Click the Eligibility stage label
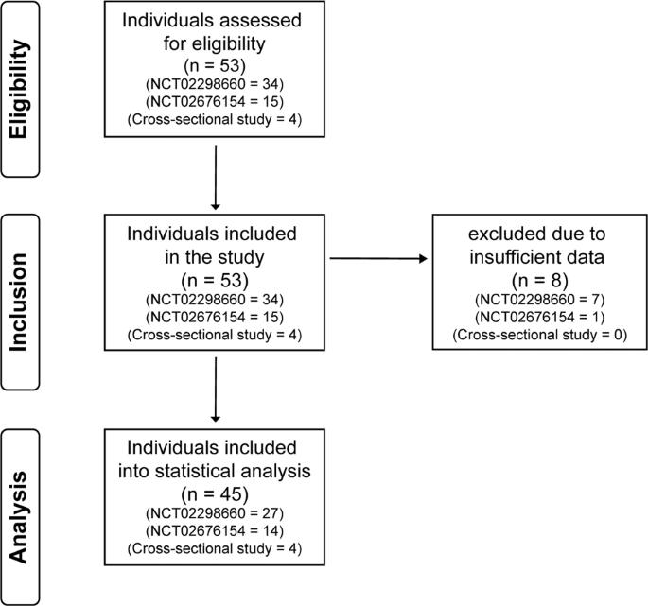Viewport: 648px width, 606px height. (x=19, y=89)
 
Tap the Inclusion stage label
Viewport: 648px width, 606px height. (x=19, y=303)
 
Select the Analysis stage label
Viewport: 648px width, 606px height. (x=19, y=517)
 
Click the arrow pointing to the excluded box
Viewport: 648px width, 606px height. (x=378, y=259)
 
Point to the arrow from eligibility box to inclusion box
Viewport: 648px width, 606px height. (x=216, y=178)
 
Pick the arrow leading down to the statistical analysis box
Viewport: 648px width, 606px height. (x=216, y=390)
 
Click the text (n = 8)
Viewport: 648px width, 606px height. (x=540, y=280)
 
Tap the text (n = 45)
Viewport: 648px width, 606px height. (x=215, y=494)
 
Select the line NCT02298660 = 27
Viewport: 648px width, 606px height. (x=215, y=513)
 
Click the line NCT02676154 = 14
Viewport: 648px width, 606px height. (x=215, y=530)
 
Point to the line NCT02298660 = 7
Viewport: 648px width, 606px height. (x=540, y=300)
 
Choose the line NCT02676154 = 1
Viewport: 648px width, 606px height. (x=540, y=318)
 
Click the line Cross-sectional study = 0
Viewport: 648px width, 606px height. (x=540, y=335)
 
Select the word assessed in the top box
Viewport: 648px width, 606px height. (x=259, y=20)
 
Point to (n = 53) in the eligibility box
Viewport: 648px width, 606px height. (x=215, y=65)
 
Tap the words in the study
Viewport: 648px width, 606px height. (x=215, y=257)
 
